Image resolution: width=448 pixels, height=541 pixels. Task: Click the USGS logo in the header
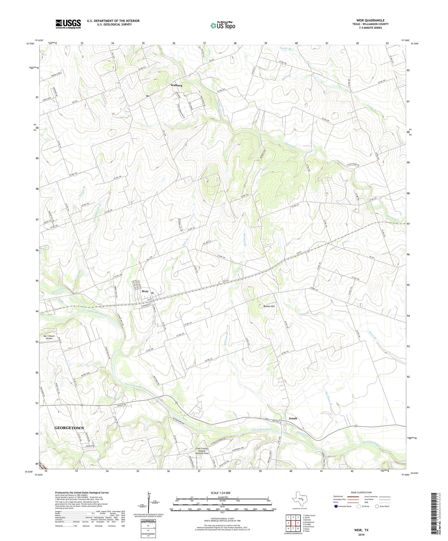click(x=68, y=24)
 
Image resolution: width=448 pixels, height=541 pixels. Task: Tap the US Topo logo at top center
click(x=223, y=26)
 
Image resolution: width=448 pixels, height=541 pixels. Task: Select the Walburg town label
click(x=176, y=85)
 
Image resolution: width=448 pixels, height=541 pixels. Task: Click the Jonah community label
click(x=293, y=418)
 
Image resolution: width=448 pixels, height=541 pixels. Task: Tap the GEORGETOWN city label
click(x=69, y=428)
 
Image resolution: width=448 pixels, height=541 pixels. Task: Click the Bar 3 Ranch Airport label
click(x=49, y=337)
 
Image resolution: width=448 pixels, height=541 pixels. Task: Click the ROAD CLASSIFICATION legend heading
click(x=361, y=492)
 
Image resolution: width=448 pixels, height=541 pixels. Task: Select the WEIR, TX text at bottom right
click(x=361, y=530)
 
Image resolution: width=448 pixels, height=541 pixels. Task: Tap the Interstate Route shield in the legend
click(x=336, y=506)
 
